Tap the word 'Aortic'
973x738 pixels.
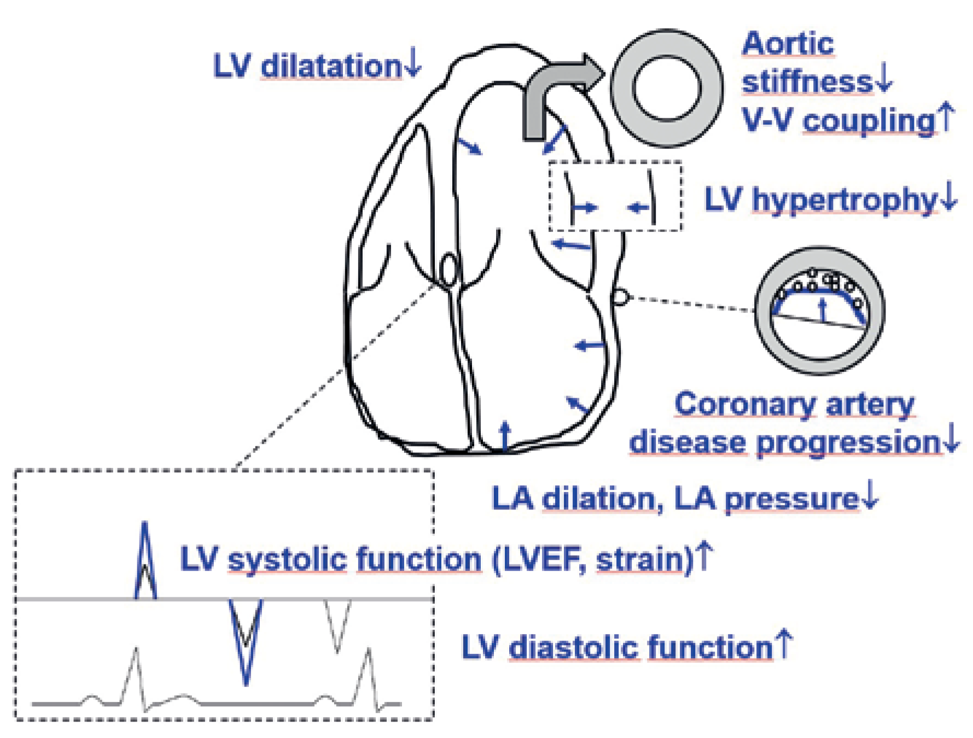pyautogui.click(x=788, y=44)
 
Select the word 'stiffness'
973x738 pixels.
pyautogui.click(x=806, y=82)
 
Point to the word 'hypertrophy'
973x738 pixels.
pyautogui.click(x=844, y=200)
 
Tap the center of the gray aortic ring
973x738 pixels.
pyautogui.click(x=667, y=88)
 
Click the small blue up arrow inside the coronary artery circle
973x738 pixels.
pyautogui.click(x=822, y=310)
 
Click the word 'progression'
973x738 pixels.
pyautogui.click(x=847, y=442)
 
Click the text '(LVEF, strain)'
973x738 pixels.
pyautogui.click(x=593, y=559)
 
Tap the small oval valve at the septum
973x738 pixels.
pyautogui.click(x=448, y=269)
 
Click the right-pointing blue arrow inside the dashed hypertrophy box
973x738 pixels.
pyautogui.click(x=585, y=207)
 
